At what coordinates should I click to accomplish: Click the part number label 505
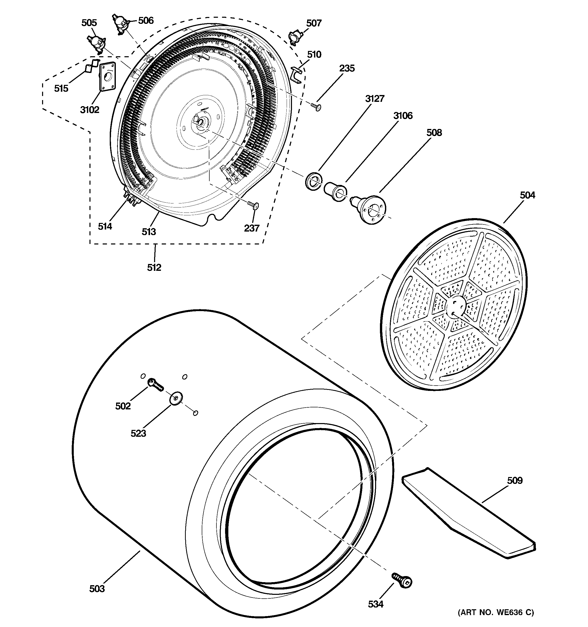[89, 23]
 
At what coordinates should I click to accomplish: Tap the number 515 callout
[61, 89]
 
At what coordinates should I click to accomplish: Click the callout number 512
[154, 268]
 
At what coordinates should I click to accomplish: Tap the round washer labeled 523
[176, 398]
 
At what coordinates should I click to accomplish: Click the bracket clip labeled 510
[297, 75]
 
